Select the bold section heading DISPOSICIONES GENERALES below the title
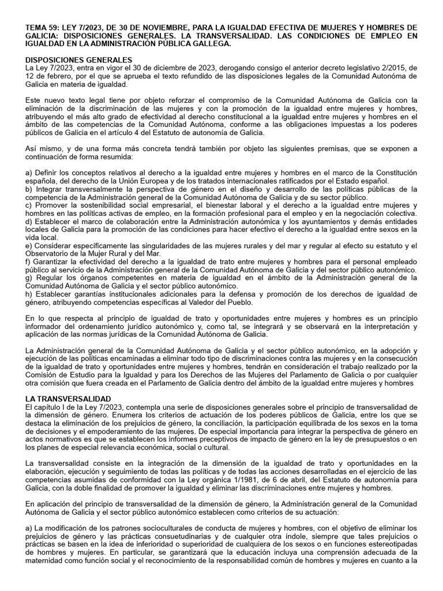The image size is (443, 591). (80, 60)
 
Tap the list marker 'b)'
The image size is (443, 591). (30, 189)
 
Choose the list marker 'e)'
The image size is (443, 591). (30, 245)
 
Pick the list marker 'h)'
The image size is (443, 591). (30, 294)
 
